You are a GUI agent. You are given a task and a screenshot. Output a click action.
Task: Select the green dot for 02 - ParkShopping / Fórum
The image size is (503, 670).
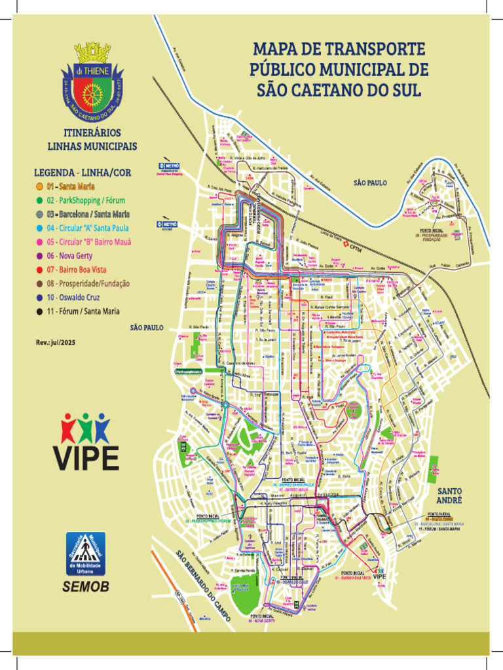(x=39, y=200)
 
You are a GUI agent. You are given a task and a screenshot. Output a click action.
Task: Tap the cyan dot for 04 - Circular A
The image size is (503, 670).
(x=39, y=228)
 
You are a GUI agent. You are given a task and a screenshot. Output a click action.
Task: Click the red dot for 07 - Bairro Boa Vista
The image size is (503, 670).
(x=39, y=270)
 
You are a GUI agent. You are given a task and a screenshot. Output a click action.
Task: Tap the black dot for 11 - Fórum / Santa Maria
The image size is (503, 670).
(x=39, y=311)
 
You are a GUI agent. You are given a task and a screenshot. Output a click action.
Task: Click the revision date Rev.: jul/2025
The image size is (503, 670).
(x=56, y=342)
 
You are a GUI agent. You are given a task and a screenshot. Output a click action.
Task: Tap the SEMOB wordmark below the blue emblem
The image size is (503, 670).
(x=86, y=587)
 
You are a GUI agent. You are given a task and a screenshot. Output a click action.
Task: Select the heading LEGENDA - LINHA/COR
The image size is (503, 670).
(x=82, y=172)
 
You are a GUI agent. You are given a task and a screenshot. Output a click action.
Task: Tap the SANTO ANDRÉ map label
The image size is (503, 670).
(x=449, y=495)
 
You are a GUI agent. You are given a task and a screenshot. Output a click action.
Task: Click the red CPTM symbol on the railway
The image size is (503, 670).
(x=345, y=249)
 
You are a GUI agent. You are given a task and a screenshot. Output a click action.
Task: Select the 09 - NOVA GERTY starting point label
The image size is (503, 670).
(x=261, y=621)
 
